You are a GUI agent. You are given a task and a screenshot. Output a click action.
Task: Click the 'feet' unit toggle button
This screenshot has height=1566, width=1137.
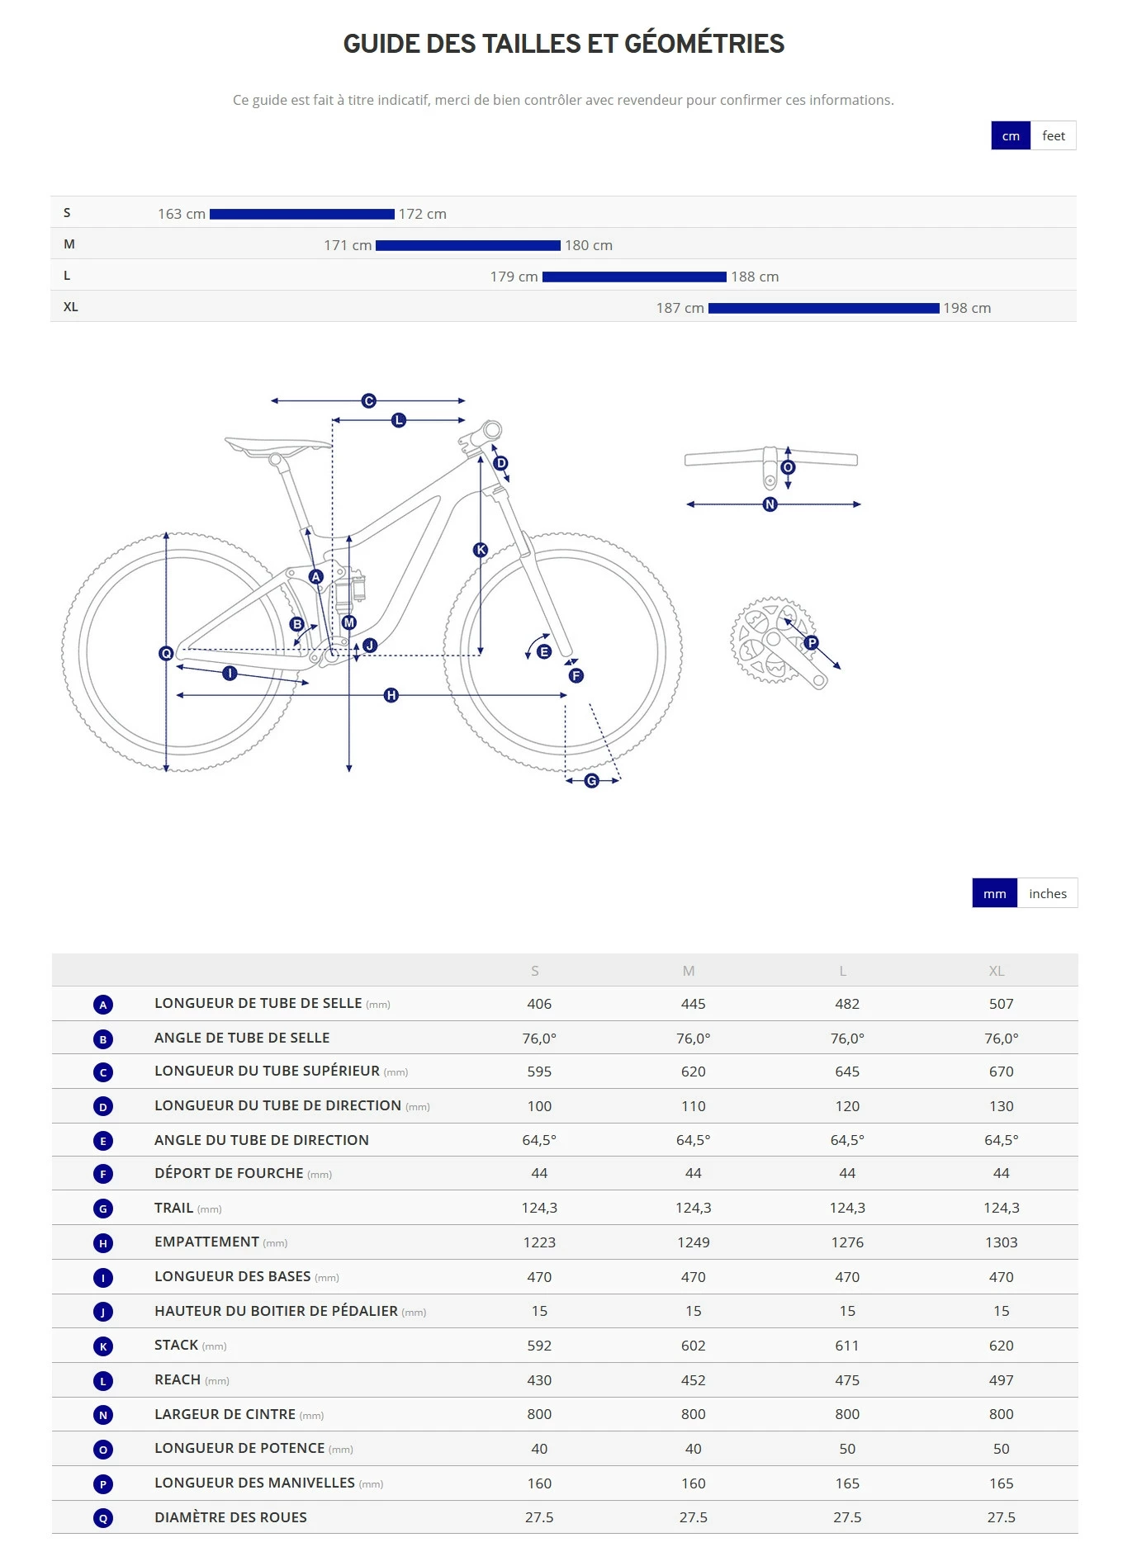click(1053, 136)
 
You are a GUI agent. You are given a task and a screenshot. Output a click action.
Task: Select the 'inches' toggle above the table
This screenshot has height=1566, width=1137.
click(1047, 893)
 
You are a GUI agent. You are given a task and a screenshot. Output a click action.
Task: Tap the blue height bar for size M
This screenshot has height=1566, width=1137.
click(467, 245)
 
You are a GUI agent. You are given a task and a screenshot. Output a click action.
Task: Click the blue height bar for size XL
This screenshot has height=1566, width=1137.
click(823, 308)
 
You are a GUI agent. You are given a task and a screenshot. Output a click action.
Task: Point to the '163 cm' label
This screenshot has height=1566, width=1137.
click(182, 214)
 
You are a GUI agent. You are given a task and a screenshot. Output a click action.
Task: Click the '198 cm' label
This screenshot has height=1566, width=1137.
click(967, 308)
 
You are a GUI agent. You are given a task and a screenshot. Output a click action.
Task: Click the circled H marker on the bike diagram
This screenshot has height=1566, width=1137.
click(391, 695)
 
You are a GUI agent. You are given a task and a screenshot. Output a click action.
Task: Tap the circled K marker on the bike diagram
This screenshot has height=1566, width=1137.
click(481, 550)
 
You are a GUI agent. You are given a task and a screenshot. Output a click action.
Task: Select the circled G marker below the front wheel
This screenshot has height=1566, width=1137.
click(592, 781)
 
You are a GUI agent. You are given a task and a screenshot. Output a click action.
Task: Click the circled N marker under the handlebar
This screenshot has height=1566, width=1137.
click(770, 504)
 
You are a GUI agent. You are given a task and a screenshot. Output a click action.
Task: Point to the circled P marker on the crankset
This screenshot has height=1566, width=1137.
click(812, 642)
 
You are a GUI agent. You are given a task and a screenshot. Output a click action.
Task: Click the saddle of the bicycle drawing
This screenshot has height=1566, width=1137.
click(277, 446)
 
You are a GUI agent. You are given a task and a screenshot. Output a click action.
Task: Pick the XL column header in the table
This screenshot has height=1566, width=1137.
click(997, 971)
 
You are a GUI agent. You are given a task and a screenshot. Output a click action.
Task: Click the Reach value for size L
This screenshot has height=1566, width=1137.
click(847, 1380)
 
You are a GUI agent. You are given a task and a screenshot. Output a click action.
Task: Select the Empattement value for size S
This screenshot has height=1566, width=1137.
click(539, 1242)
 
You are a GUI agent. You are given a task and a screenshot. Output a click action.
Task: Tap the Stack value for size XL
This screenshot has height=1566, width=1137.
click(1001, 1346)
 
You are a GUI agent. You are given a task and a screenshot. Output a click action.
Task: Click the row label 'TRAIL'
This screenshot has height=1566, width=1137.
click(173, 1208)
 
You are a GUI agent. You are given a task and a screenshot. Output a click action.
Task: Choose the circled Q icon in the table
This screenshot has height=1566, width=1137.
click(103, 1518)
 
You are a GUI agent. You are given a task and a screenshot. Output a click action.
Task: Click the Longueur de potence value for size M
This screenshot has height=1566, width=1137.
click(693, 1449)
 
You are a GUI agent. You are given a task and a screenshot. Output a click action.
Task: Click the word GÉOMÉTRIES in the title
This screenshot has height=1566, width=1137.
click(704, 44)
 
